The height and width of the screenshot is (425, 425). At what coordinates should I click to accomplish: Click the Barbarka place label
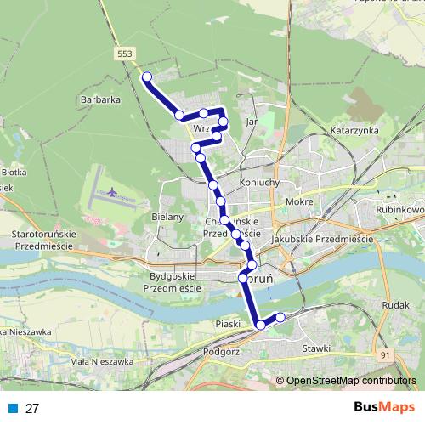pos(99,99)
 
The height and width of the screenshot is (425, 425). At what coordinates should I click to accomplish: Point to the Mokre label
pos(300,201)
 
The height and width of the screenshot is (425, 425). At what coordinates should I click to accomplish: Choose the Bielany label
pos(167,217)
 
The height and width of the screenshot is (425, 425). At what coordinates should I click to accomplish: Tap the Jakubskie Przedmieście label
pos(322,241)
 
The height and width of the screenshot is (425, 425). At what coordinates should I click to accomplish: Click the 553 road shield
pos(126,53)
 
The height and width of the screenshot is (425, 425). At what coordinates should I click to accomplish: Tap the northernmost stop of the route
pos(146,77)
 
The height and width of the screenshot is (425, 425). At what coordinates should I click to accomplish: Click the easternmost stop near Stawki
pos(280,317)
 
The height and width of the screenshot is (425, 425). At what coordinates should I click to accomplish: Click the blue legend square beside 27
pos(14,408)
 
